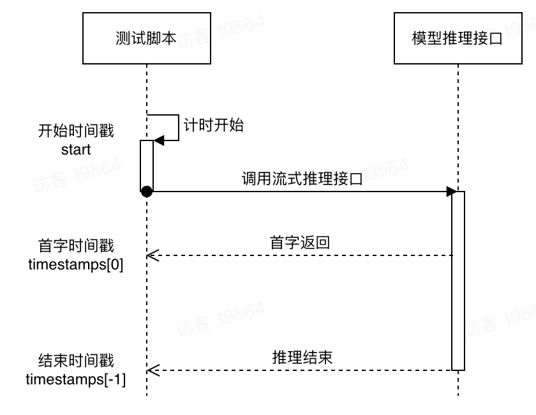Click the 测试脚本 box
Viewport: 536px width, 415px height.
pos(147,38)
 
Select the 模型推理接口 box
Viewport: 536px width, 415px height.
pos(458,38)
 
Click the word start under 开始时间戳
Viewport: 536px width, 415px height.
pos(76,150)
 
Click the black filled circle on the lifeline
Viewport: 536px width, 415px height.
pos(146,191)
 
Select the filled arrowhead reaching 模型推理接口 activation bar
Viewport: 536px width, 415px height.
pos(450,191)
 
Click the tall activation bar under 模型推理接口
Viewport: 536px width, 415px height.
pos(458,281)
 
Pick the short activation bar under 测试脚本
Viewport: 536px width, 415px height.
pos(147,165)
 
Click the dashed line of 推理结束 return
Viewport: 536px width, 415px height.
pos(300,370)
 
